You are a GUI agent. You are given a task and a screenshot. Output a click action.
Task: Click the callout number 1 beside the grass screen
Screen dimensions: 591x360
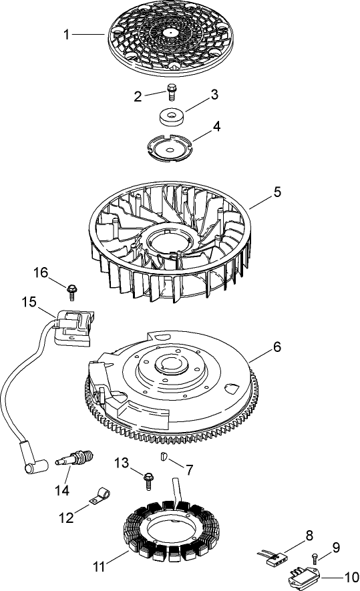tap(67, 35)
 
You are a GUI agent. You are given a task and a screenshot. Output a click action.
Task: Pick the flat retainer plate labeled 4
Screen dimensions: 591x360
tap(168, 148)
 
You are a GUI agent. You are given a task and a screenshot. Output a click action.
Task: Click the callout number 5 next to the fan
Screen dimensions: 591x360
tap(277, 192)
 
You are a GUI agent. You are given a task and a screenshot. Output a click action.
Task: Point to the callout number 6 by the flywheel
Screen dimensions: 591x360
tap(277, 347)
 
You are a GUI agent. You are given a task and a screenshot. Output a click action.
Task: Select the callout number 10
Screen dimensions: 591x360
tap(351, 575)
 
